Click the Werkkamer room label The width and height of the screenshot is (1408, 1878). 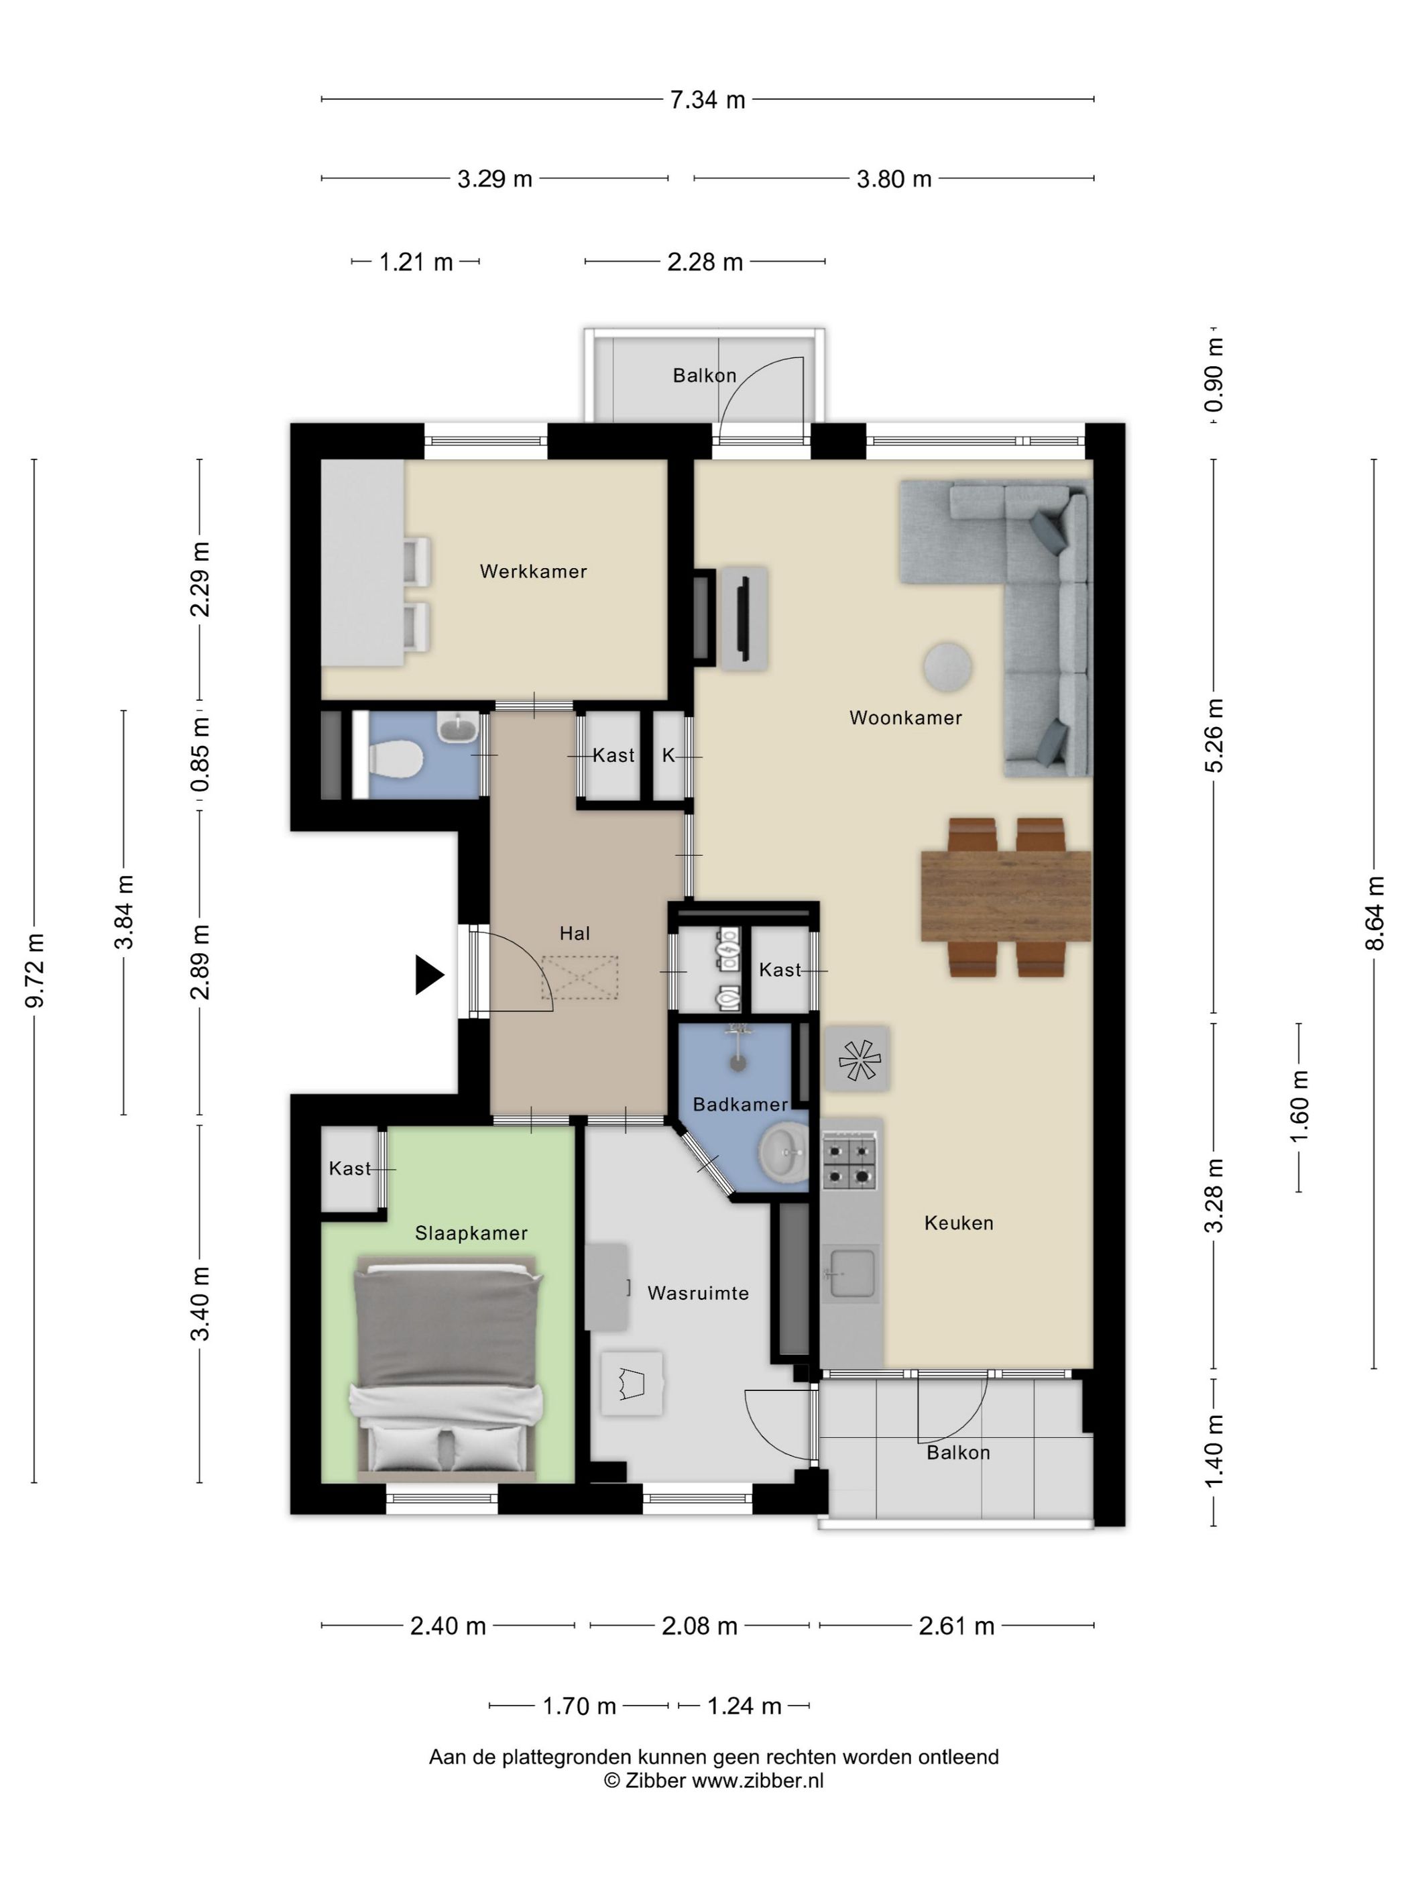coord(533,571)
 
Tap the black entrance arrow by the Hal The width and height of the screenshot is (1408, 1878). coord(428,975)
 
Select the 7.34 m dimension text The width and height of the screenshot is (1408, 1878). coord(707,100)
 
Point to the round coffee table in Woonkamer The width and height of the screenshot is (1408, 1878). coord(947,667)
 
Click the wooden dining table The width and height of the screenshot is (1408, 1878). coord(1006,895)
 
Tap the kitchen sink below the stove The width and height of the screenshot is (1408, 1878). coord(850,1274)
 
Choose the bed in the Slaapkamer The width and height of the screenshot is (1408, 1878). coord(447,1366)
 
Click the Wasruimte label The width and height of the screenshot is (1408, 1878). coord(699,1293)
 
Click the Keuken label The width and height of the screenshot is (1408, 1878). coord(959,1223)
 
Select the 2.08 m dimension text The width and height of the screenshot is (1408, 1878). coord(699,1626)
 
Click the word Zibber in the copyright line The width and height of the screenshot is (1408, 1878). coord(655,1780)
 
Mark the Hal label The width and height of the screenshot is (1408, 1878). coord(575,933)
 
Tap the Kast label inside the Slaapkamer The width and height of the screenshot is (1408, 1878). coord(350,1168)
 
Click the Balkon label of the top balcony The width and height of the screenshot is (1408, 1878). coord(705,375)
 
